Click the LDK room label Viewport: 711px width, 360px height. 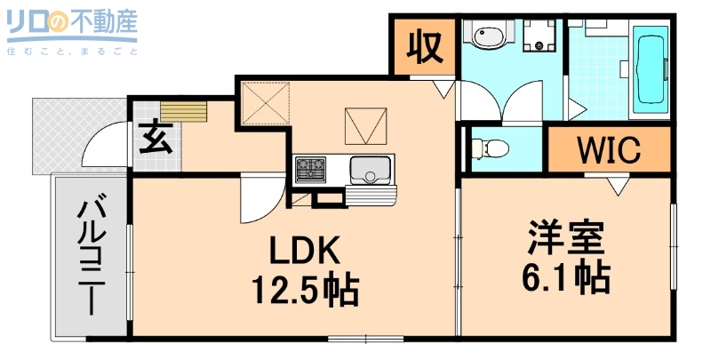[x=304, y=252]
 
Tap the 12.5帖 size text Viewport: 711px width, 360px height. [x=304, y=289]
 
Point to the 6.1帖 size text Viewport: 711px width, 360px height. [x=565, y=279]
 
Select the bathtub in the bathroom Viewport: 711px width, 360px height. [x=652, y=69]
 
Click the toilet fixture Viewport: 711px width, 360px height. [x=491, y=148]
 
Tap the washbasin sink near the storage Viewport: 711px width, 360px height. [x=488, y=36]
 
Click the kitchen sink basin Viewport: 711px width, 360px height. [x=369, y=167]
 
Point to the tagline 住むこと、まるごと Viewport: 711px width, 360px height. [x=72, y=52]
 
